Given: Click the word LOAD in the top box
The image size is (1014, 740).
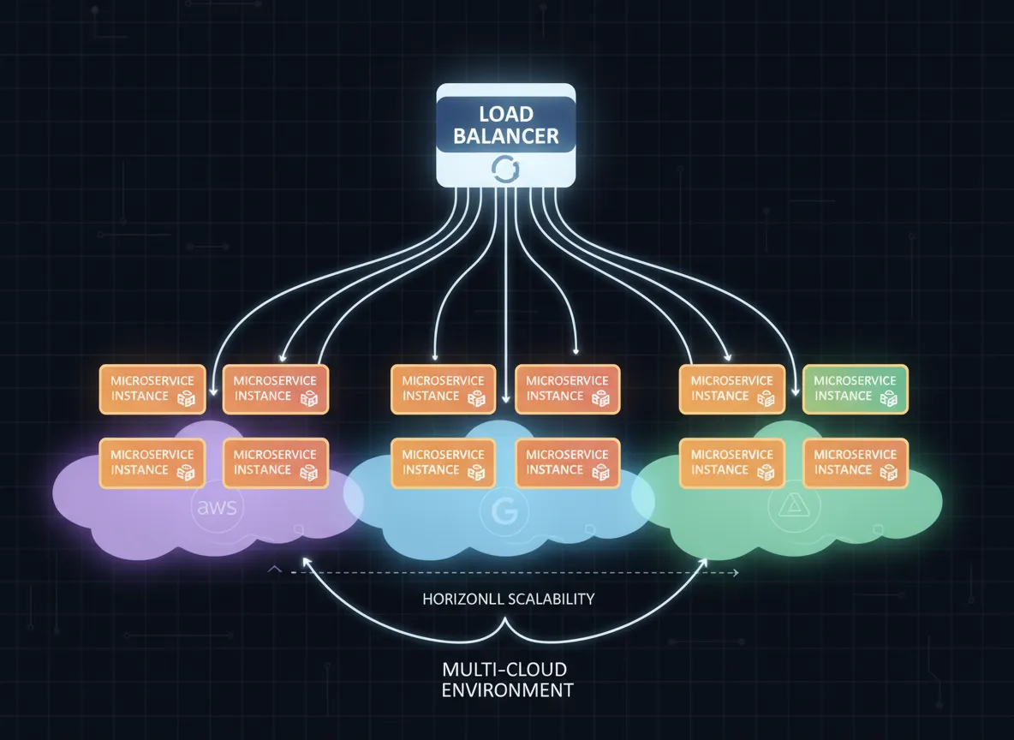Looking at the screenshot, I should pyautogui.click(x=505, y=114).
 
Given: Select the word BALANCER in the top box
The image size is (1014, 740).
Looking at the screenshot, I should pyautogui.click(x=505, y=135).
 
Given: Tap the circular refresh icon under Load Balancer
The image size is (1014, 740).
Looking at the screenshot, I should pyautogui.click(x=502, y=170).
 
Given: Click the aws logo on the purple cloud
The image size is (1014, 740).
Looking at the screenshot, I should pyautogui.click(x=216, y=508).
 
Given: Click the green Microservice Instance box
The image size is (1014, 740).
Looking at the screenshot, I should pyautogui.click(x=855, y=388).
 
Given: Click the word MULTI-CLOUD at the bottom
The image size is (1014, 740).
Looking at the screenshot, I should pyautogui.click(x=504, y=669).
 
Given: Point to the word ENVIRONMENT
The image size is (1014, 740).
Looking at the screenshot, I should pyautogui.click(x=507, y=689).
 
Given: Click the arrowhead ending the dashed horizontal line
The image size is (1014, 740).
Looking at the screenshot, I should pyautogui.click(x=735, y=571).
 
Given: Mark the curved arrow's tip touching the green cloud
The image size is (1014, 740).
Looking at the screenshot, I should pyautogui.click(x=706, y=559).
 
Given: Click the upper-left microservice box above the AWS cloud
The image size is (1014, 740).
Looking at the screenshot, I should pyautogui.click(x=152, y=388).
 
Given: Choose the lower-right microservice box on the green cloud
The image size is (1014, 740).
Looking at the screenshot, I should pyautogui.click(x=855, y=462).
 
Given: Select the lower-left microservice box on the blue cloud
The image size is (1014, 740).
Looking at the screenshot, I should pyautogui.click(x=443, y=462).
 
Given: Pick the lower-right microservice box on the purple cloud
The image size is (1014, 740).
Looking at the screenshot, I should pyautogui.click(x=275, y=462).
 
